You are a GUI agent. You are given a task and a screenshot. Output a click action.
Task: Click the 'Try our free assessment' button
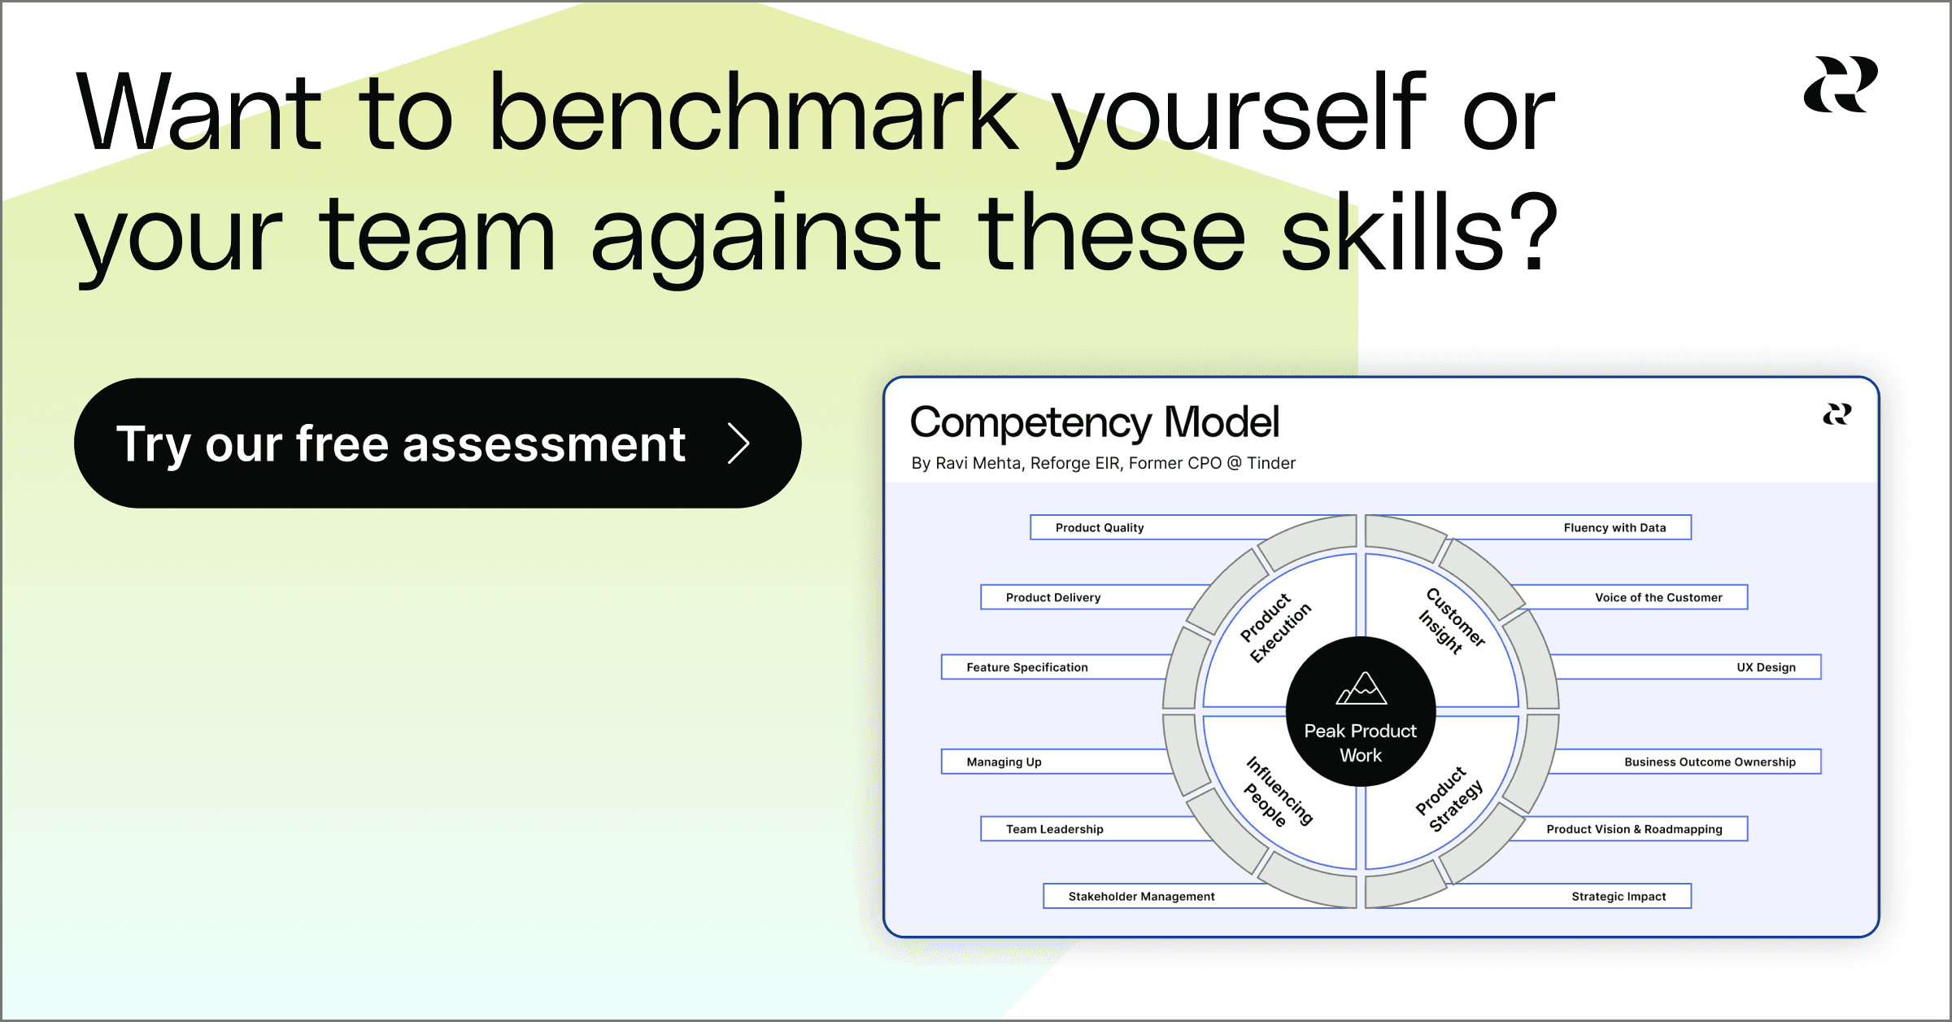(x=437, y=443)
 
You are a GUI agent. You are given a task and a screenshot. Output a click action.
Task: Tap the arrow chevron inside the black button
(x=739, y=443)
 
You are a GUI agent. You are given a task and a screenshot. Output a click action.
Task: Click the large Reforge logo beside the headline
(x=1840, y=85)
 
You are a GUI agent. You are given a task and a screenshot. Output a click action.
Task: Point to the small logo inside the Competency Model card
(x=1837, y=414)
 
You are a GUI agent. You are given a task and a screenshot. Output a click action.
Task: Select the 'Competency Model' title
(x=1094, y=422)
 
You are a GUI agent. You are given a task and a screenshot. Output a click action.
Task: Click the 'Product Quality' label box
(x=1100, y=527)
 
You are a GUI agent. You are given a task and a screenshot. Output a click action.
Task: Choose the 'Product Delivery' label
(x=1053, y=597)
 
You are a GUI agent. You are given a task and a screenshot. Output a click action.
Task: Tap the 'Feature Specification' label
(x=1027, y=667)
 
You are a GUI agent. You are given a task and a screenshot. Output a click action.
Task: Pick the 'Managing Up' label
(x=1004, y=762)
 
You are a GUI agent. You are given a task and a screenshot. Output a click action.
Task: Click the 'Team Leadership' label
(x=1055, y=829)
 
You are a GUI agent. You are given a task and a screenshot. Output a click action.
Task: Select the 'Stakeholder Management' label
(x=1141, y=896)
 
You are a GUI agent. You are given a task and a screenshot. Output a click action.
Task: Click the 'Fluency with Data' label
(x=1614, y=527)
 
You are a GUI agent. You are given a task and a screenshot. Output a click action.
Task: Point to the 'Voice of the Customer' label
(x=1658, y=597)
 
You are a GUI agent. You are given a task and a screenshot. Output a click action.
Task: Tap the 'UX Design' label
(x=1766, y=667)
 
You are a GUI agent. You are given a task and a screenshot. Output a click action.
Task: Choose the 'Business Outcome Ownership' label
(x=1710, y=762)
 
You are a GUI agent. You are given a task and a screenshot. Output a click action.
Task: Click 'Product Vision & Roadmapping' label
(x=1634, y=829)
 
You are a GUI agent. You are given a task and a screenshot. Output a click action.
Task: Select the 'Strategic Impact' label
(x=1619, y=896)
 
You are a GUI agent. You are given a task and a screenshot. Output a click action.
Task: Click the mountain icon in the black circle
(x=1362, y=688)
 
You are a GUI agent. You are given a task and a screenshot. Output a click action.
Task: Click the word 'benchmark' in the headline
(x=752, y=114)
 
